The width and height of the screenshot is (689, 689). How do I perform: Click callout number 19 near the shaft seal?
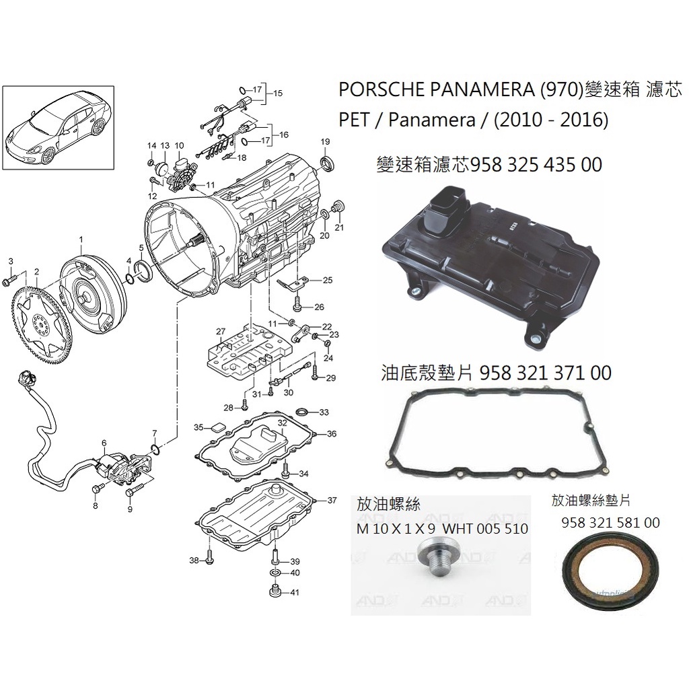(325, 141)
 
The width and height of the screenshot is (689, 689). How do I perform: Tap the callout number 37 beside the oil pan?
(332, 501)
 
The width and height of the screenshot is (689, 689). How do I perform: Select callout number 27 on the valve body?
(219, 332)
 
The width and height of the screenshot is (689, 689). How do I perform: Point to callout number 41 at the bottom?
(295, 592)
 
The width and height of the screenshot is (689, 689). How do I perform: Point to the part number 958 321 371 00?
(546, 373)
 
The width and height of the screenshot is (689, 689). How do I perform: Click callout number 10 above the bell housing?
(179, 145)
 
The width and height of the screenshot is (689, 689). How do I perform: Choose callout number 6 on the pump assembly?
(104, 443)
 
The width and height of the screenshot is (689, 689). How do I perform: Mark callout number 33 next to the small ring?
(324, 412)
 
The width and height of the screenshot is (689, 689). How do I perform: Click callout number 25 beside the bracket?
(327, 280)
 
